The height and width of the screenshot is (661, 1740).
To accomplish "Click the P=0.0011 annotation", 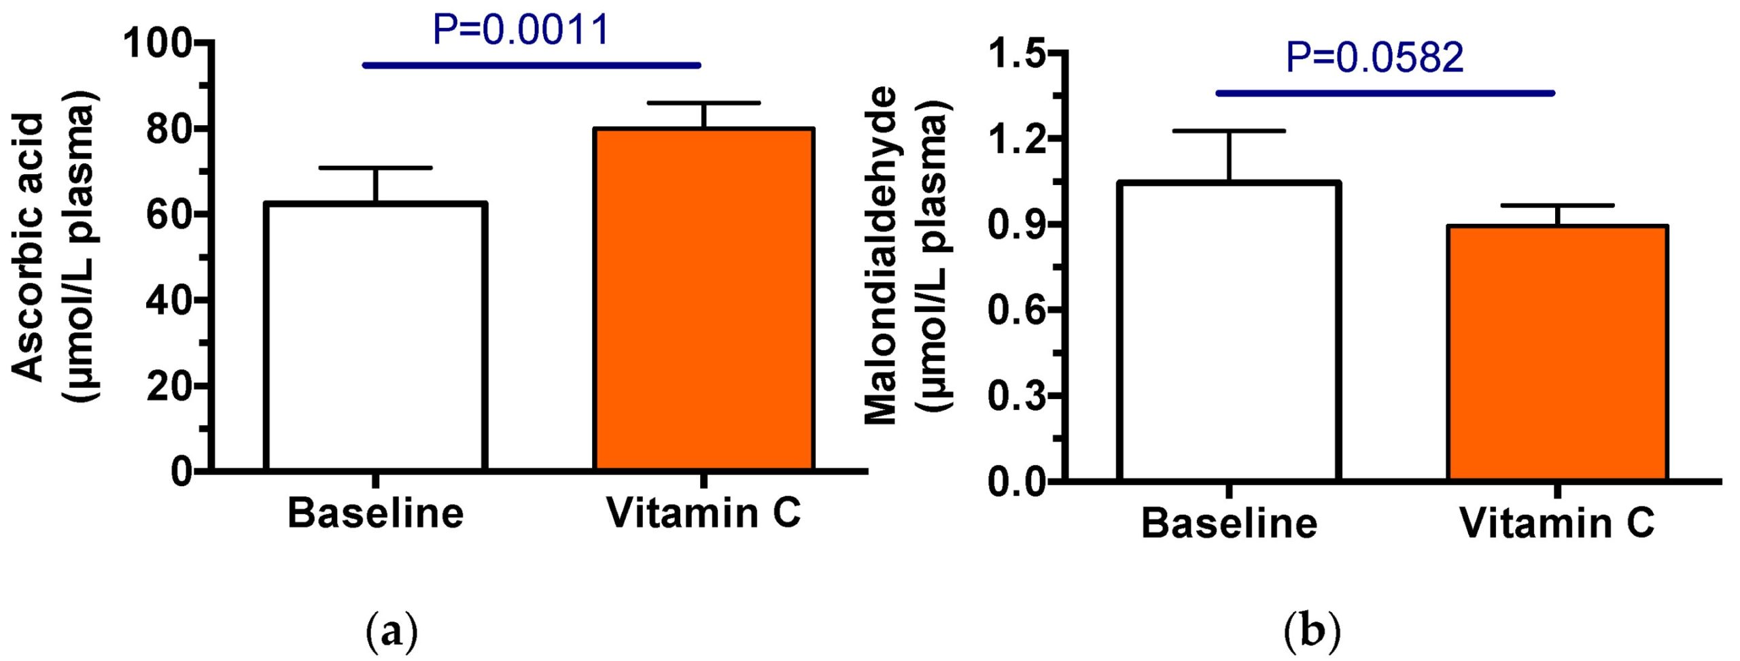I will [521, 30].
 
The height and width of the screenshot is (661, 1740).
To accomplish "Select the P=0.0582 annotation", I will [1374, 58].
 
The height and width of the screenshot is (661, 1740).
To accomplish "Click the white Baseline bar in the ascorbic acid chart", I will [376, 337].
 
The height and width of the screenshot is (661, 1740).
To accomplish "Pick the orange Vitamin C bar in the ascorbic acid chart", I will [704, 299].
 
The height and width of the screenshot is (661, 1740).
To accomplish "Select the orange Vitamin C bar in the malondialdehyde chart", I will [1557, 353].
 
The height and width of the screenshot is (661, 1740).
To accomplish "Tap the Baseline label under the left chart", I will [376, 513].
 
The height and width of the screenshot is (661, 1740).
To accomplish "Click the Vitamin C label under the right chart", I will [1557, 524].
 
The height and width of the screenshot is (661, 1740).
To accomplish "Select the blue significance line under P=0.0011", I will [531, 65].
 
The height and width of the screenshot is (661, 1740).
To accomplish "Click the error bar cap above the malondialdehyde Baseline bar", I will [1230, 131].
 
